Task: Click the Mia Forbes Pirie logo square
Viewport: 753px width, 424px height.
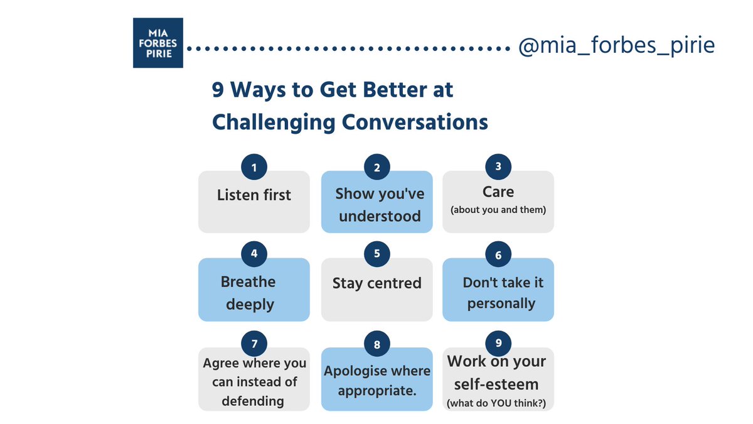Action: click(x=158, y=43)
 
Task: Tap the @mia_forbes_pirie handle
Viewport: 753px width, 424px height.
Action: click(x=616, y=46)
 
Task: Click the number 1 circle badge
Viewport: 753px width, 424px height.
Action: click(x=254, y=167)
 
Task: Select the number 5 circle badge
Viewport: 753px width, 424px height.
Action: click(x=376, y=254)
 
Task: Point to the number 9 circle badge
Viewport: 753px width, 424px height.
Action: click(x=498, y=343)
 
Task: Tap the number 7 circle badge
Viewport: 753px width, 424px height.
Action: click(x=254, y=344)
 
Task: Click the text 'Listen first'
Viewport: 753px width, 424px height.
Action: click(x=254, y=195)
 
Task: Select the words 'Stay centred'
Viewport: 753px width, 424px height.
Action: click(x=376, y=283)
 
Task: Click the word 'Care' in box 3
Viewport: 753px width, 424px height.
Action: click(x=498, y=192)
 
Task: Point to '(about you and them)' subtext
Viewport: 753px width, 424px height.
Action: click(x=498, y=210)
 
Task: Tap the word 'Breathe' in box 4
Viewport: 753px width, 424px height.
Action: click(x=248, y=281)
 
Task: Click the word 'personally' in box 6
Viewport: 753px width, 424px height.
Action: click(x=501, y=303)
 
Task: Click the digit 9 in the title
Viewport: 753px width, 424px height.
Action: click(x=218, y=90)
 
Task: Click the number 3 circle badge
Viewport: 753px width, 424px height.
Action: click(x=498, y=167)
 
